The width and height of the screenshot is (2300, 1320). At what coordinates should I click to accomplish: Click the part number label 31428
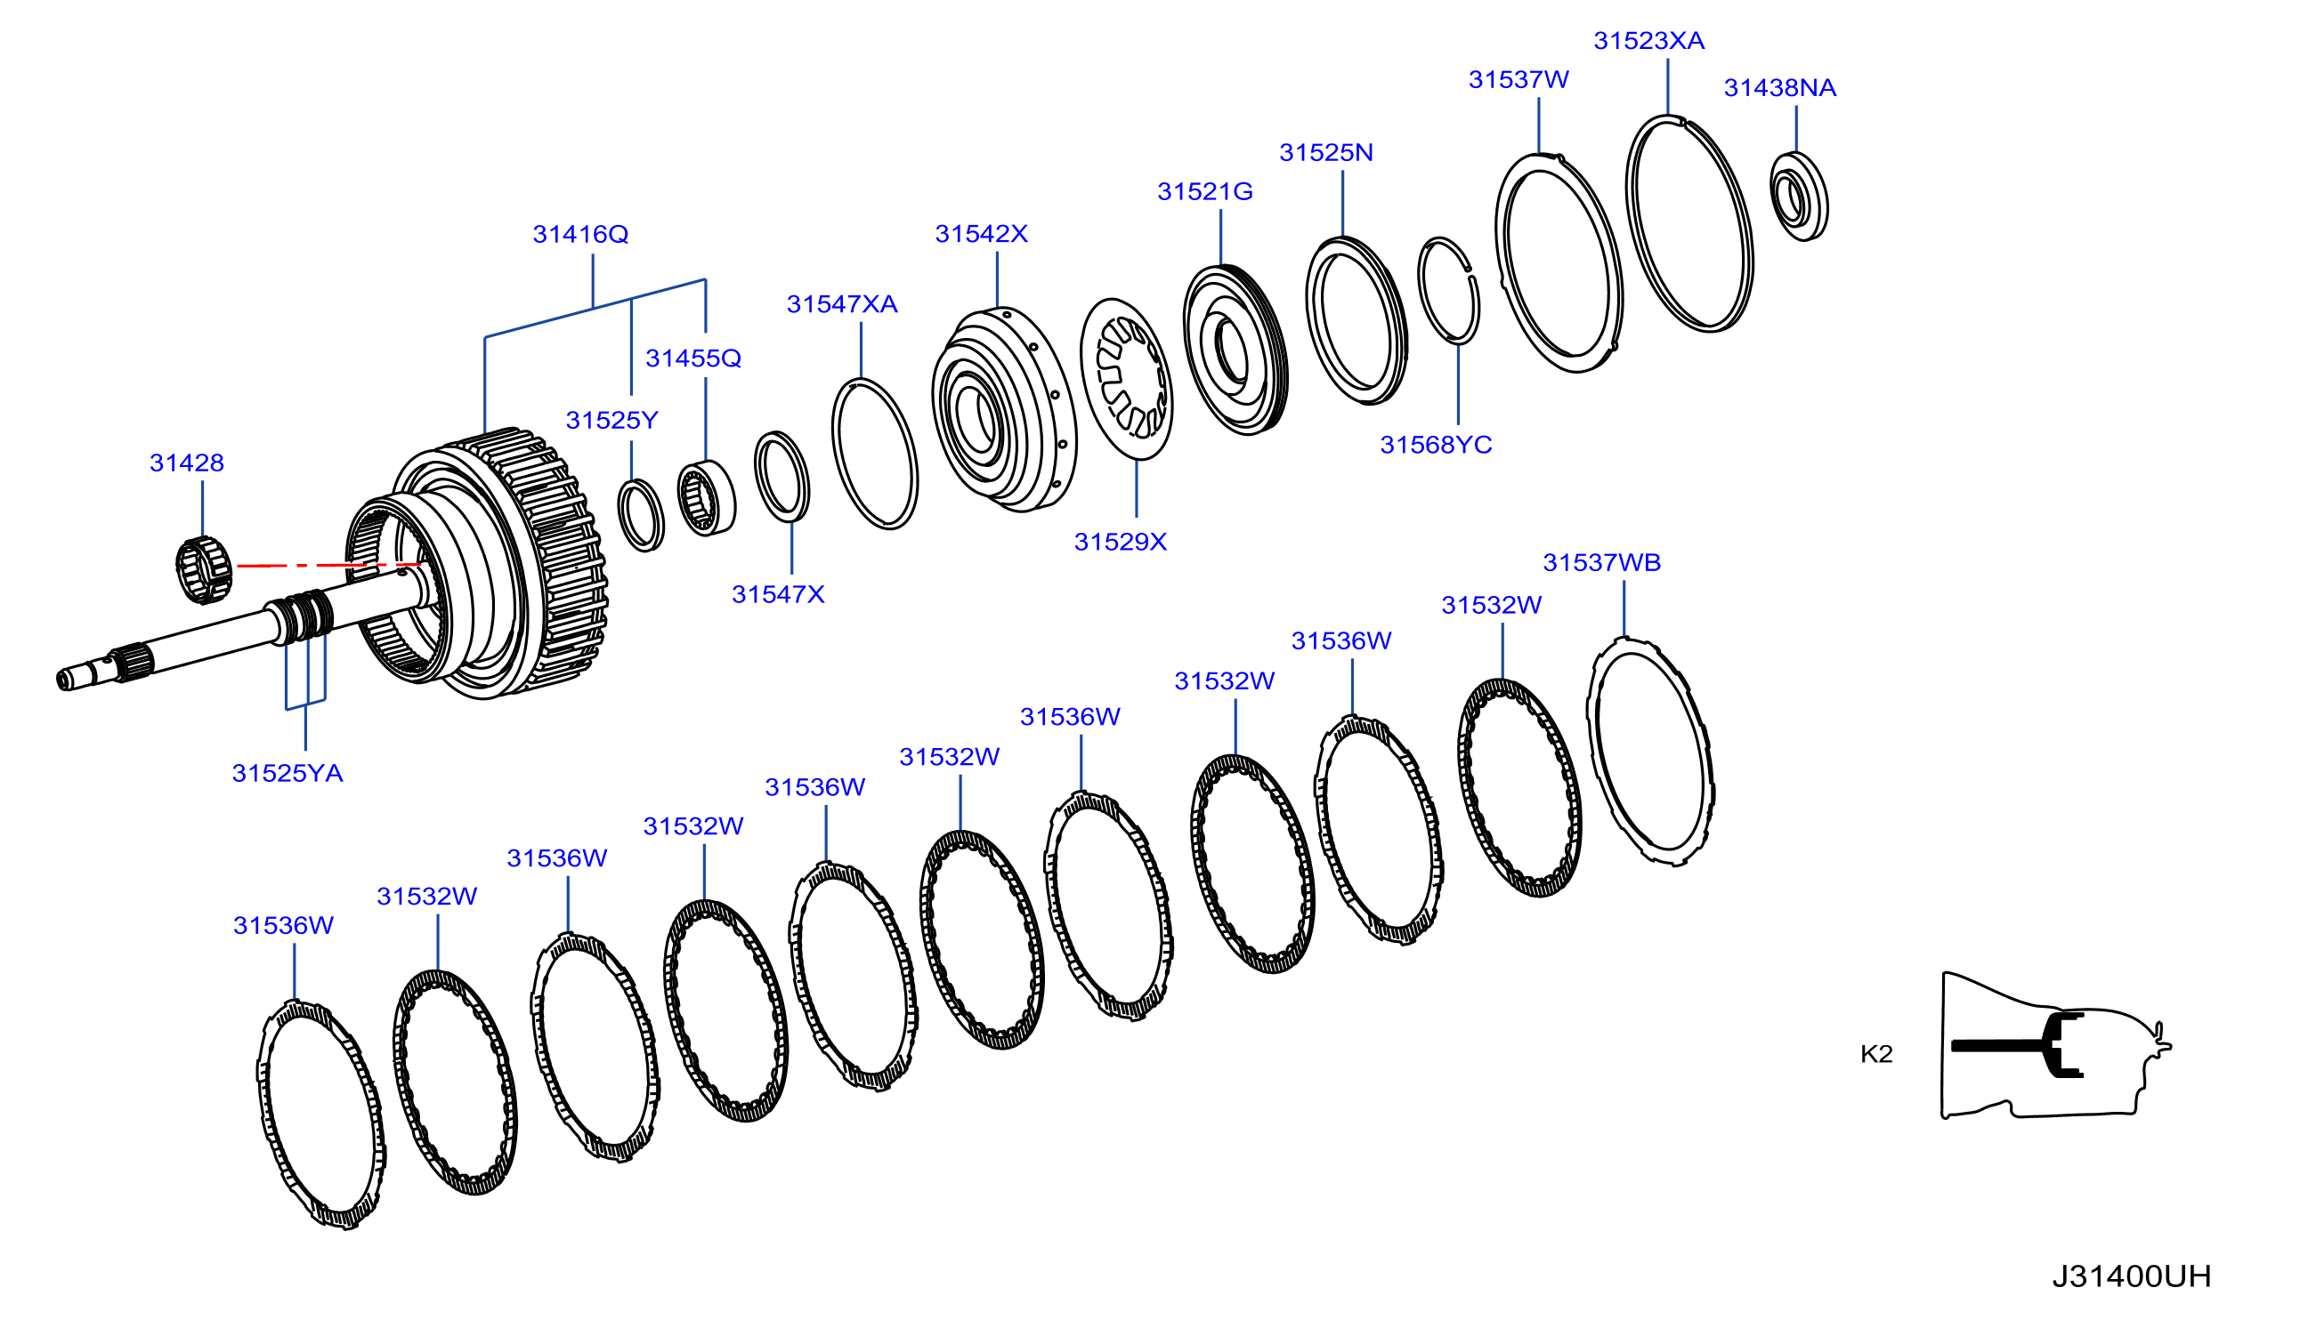pos(186,463)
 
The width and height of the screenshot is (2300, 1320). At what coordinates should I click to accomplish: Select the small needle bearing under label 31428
pos(203,569)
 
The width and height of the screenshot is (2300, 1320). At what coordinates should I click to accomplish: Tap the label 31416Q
pos(580,235)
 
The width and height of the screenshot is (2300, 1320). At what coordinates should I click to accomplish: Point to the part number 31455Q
pos(692,359)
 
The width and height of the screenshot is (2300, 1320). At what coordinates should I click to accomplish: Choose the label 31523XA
pos(1648,41)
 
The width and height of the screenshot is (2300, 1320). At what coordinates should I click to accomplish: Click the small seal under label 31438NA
pos(1799,197)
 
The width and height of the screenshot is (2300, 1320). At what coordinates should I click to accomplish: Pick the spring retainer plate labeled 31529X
pos(1125,379)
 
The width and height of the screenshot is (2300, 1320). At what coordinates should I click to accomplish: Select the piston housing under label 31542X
pos(1004,410)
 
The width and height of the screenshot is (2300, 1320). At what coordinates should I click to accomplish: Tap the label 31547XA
pos(842,304)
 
